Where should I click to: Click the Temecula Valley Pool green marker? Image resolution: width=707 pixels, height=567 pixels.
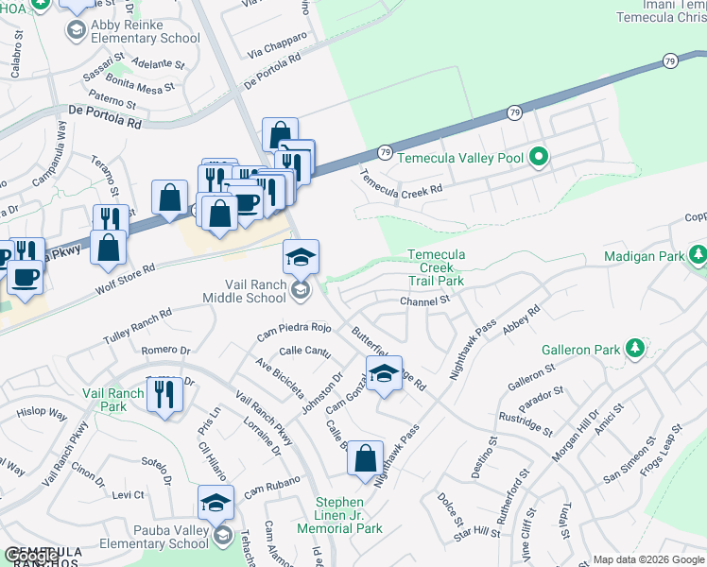539,156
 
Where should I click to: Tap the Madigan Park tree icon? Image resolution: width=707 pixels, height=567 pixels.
698,255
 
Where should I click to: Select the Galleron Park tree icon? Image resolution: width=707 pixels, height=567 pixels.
635,349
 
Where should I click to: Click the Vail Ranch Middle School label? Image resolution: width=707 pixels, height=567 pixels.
244,291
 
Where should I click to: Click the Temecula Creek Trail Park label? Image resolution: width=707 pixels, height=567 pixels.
436,267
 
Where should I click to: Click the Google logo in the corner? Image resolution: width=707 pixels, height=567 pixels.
28,556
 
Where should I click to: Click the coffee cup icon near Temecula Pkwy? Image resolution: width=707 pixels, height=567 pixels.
26,279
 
